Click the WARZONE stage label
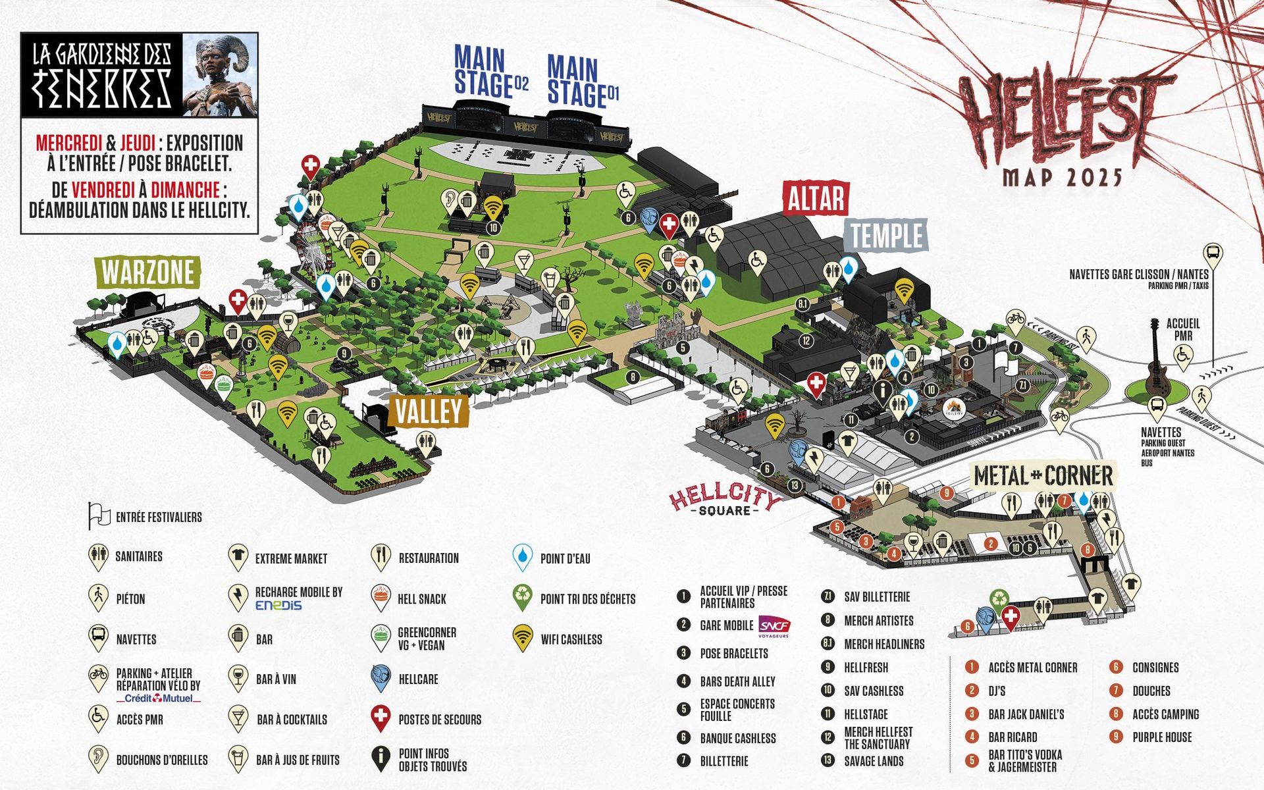tap(148, 272)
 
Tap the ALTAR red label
tap(816, 198)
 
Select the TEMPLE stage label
tap(886, 236)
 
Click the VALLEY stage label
tap(429, 411)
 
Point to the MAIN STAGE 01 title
tap(582, 82)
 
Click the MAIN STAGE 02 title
tap(490, 72)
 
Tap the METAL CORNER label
tap(1043, 475)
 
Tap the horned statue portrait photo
tap(219, 75)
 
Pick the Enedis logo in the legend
tap(278, 605)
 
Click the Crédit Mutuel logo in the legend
tap(158, 698)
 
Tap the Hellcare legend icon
tap(381, 679)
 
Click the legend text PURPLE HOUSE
tap(1162, 737)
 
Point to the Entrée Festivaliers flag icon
tap(99, 516)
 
